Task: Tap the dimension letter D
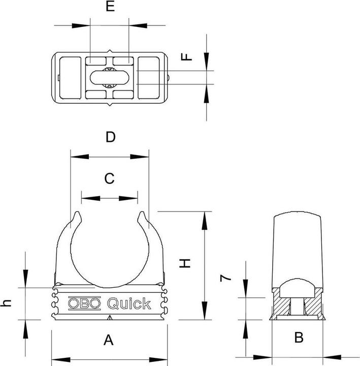(x=110, y=137)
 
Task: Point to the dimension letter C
(x=109, y=178)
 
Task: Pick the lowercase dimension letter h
(x=7, y=303)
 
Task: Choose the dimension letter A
(x=108, y=340)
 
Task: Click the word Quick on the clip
(x=128, y=303)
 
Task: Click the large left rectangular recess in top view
(x=70, y=77)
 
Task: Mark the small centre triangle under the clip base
(x=110, y=318)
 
